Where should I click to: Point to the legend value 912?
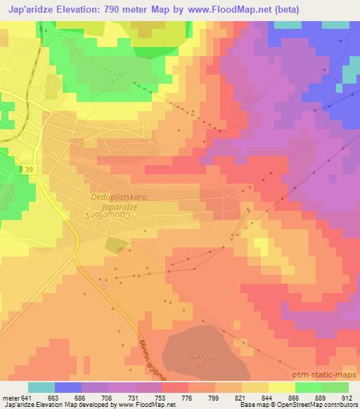point(347,398)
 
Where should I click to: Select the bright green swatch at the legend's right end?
point(334,387)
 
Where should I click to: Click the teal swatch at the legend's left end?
point(41,387)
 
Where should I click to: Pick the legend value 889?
point(321,398)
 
